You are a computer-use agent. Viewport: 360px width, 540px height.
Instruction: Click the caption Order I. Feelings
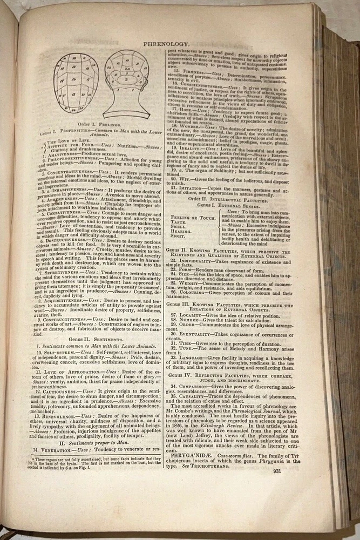[x=98, y=124]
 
